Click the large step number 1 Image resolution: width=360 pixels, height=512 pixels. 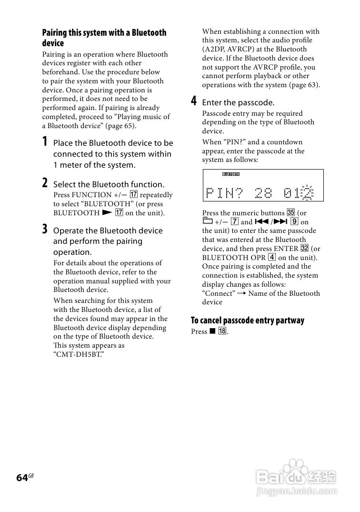coord(45,141)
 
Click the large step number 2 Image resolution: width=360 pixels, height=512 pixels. coord(45,183)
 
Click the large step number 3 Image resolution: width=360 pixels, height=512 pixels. coord(45,229)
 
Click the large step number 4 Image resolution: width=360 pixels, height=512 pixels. coord(194,101)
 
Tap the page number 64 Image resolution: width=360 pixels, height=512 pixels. coord(22,478)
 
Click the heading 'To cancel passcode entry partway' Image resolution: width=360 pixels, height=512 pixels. coord(247,321)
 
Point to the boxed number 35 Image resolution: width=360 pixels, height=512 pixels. coord(291,213)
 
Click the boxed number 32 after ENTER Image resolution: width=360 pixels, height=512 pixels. coord(305,249)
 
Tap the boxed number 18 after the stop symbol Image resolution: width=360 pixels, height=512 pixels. coord(222,331)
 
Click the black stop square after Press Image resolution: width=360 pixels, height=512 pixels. coord(212,331)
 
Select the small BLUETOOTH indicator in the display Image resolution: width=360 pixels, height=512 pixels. coord(231,174)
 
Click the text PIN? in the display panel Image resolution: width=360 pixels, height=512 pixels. coord(224,193)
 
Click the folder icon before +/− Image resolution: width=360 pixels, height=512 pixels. coord(207,221)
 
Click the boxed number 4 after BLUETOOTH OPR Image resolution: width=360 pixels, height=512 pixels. coord(271,258)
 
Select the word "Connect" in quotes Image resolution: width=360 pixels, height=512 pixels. coord(219,293)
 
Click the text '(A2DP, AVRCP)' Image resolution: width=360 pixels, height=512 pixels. coord(231,49)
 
